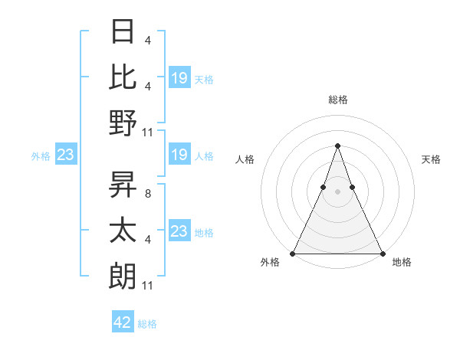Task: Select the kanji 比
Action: click(123, 77)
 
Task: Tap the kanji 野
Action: click(123, 123)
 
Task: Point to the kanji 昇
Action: click(123, 185)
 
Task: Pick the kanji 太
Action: click(123, 231)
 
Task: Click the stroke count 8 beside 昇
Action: click(146, 194)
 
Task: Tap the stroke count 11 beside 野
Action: click(149, 132)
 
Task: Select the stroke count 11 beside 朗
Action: click(149, 286)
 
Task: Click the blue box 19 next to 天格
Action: click(179, 78)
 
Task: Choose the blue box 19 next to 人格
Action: click(179, 155)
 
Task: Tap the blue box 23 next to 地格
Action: click(179, 231)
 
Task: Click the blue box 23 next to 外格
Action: click(65, 155)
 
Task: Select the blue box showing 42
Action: click(123, 322)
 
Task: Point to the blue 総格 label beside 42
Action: click(147, 324)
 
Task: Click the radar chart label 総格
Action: click(337, 100)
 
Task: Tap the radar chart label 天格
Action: click(431, 159)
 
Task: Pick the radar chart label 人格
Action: click(245, 159)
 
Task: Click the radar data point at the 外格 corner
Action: click(294, 254)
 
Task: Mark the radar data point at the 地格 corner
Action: click(382, 254)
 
